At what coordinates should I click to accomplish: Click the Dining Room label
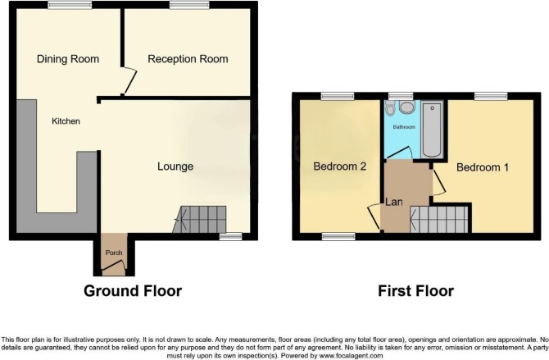pyautogui.click(x=68, y=59)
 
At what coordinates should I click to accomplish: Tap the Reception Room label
pyautogui.click(x=188, y=59)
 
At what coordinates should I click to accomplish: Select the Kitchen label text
pyautogui.click(x=66, y=121)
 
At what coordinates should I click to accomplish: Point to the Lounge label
pyautogui.click(x=175, y=166)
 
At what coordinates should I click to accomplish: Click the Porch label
pyautogui.click(x=114, y=253)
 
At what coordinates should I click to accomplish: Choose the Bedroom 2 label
pyautogui.click(x=339, y=166)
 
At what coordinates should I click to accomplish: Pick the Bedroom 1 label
pyautogui.click(x=483, y=167)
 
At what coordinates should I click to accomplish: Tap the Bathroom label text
pyautogui.click(x=404, y=127)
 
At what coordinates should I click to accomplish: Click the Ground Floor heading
pyautogui.click(x=133, y=291)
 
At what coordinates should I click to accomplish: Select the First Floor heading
pyautogui.click(x=415, y=291)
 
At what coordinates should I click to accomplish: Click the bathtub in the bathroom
pyautogui.click(x=432, y=130)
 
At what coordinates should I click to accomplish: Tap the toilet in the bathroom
pyautogui.click(x=390, y=108)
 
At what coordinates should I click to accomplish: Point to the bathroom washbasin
pyautogui.click(x=406, y=107)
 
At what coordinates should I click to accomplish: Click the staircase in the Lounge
pyautogui.click(x=200, y=220)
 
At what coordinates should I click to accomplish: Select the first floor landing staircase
pyautogui.click(x=439, y=220)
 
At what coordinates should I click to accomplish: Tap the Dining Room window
pyautogui.click(x=70, y=5)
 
